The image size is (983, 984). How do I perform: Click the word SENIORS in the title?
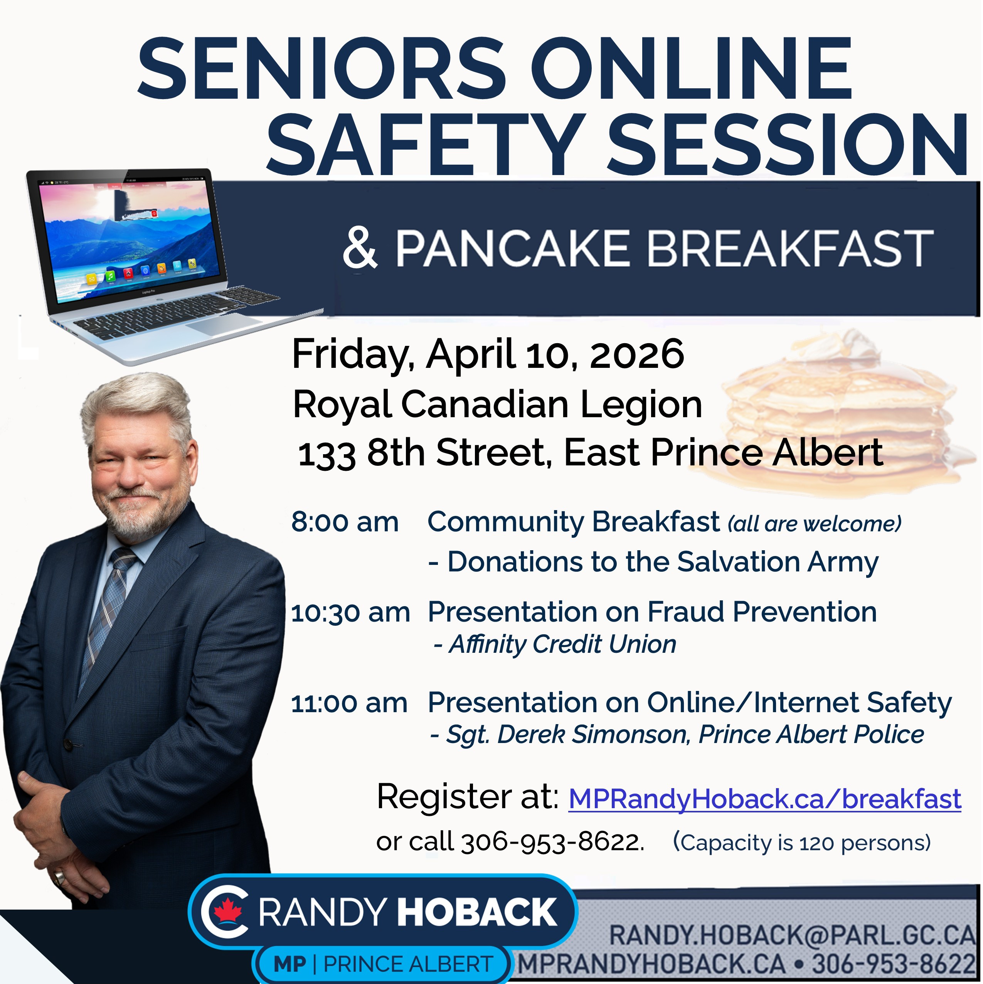[322, 69]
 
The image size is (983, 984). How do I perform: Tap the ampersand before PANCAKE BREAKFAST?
[360, 249]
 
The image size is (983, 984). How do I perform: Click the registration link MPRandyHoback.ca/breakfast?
[764, 799]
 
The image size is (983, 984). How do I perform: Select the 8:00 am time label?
[345, 522]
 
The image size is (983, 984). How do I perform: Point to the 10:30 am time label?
[350, 613]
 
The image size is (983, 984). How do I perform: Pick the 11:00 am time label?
[349, 703]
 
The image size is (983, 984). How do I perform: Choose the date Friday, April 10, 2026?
[488, 354]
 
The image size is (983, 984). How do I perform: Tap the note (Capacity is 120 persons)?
[802, 843]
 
